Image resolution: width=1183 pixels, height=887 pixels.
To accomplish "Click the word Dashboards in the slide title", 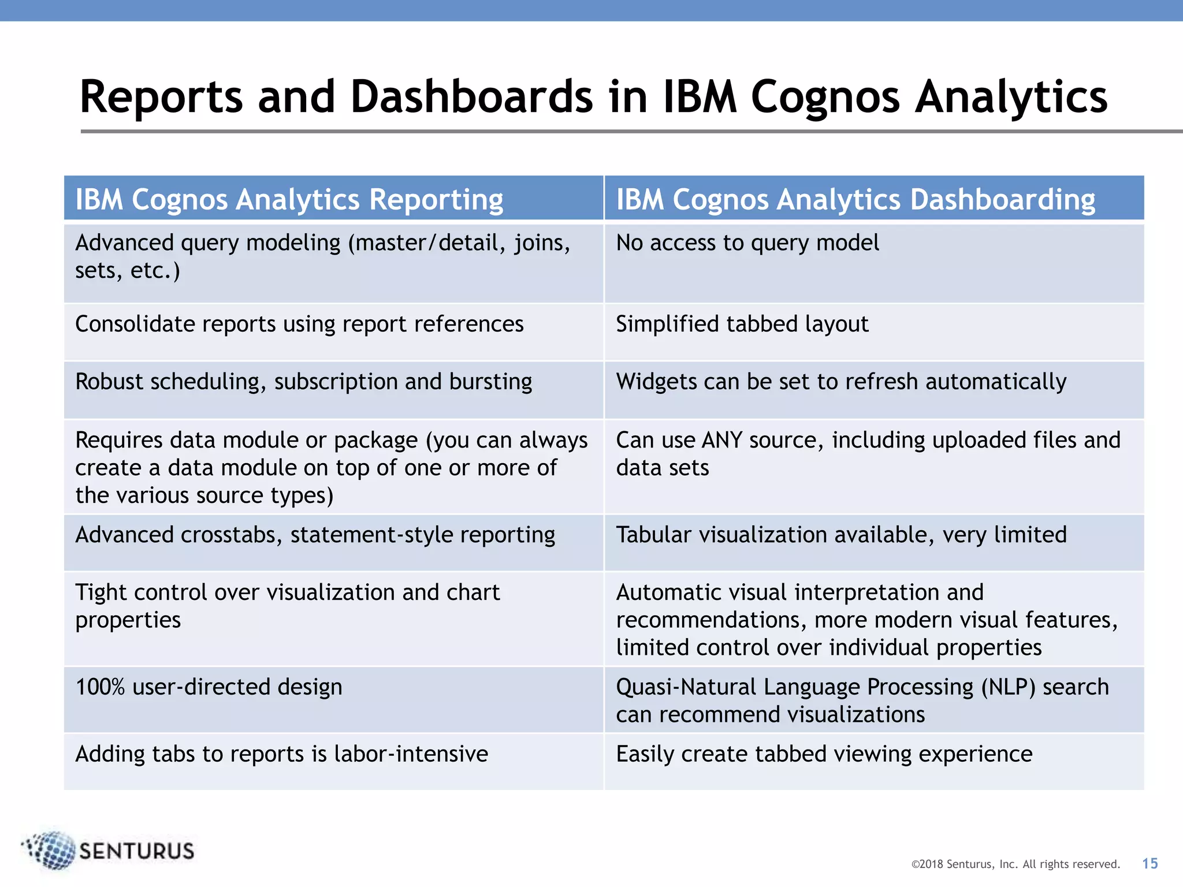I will pyautogui.click(x=471, y=96).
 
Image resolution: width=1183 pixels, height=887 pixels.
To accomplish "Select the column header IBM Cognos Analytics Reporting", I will pyautogui.click(x=289, y=200).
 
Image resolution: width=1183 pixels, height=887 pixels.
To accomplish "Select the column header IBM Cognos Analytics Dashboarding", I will pyautogui.click(x=855, y=200).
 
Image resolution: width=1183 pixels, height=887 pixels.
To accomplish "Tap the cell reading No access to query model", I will pyautogui.click(x=747, y=243).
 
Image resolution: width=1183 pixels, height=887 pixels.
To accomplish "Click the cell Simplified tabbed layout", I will pyautogui.click(x=742, y=324).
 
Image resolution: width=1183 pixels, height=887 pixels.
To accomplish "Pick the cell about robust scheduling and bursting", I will pyautogui.click(x=304, y=382).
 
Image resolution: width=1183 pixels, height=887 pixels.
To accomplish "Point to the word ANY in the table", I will pyautogui.click(x=721, y=441).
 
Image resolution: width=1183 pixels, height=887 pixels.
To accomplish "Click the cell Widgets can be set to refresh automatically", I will pyautogui.click(x=841, y=382).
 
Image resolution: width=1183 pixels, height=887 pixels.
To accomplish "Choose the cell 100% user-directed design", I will pyautogui.click(x=209, y=687).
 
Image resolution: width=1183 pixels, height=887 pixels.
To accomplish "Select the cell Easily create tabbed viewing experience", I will pyautogui.click(x=824, y=754).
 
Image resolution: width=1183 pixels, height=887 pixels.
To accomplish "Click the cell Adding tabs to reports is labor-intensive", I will pyautogui.click(x=282, y=754).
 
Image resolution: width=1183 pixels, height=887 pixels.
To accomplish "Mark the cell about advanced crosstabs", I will pyautogui.click(x=315, y=535).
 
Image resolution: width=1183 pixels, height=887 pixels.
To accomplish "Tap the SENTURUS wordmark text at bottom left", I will pyautogui.click(x=136, y=851).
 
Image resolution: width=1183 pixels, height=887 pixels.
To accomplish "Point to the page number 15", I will pyautogui.click(x=1149, y=863).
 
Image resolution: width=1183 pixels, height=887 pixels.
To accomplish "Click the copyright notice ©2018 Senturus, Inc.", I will pyautogui.click(x=1015, y=864).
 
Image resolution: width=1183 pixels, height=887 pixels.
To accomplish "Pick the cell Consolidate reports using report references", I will pyautogui.click(x=299, y=324).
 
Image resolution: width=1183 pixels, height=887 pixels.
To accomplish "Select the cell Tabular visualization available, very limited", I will pyautogui.click(x=841, y=535).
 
